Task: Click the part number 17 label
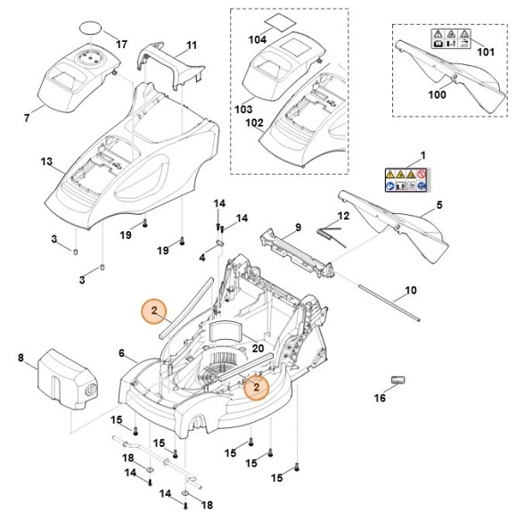(x=121, y=45)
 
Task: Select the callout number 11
(x=192, y=45)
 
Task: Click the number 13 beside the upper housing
(x=46, y=161)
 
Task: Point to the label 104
(x=258, y=40)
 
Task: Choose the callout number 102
(x=255, y=123)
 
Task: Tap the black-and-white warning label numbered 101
(x=451, y=39)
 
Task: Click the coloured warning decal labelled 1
(x=406, y=180)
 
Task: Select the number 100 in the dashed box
(x=437, y=95)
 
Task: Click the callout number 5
(x=439, y=205)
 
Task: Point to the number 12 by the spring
(x=343, y=216)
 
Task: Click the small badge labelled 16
(x=398, y=380)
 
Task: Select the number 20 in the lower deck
(x=258, y=349)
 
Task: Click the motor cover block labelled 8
(x=68, y=378)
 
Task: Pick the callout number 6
(x=121, y=353)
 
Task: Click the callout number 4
(x=202, y=257)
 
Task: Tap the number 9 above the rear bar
(x=298, y=227)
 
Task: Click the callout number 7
(x=27, y=118)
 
